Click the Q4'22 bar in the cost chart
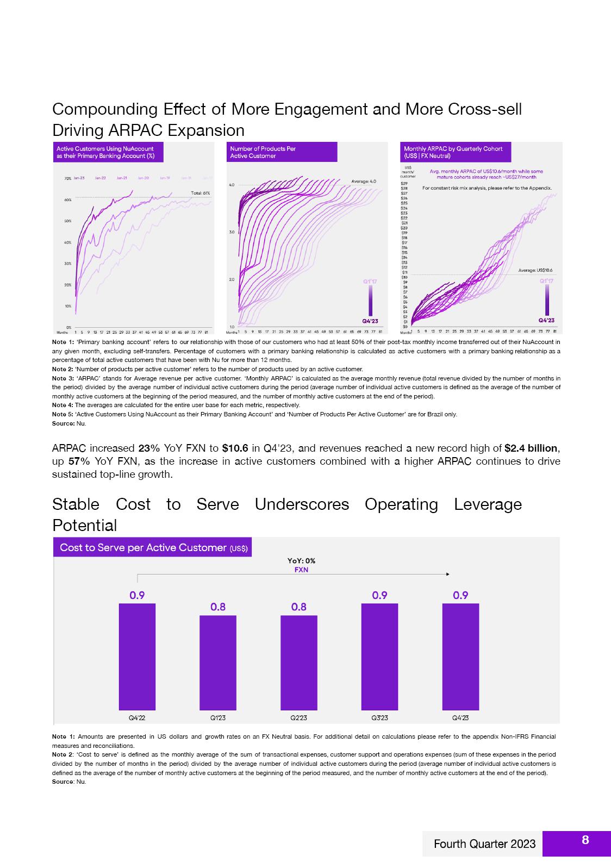[137, 656]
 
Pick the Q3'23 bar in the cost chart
[379, 656]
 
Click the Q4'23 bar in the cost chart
[460, 656]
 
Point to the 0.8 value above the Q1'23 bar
[218, 607]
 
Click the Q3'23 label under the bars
[379, 717]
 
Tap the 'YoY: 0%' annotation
[301, 561]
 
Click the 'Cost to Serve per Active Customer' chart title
[153, 547]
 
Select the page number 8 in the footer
[585, 840]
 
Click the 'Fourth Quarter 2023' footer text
[484, 844]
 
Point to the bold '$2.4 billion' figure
[531, 448]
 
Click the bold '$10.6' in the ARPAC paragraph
[235, 448]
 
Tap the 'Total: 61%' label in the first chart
[201, 193]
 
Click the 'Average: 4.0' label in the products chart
[364, 181]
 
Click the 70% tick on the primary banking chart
[68, 178]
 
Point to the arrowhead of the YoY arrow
[447, 574]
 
